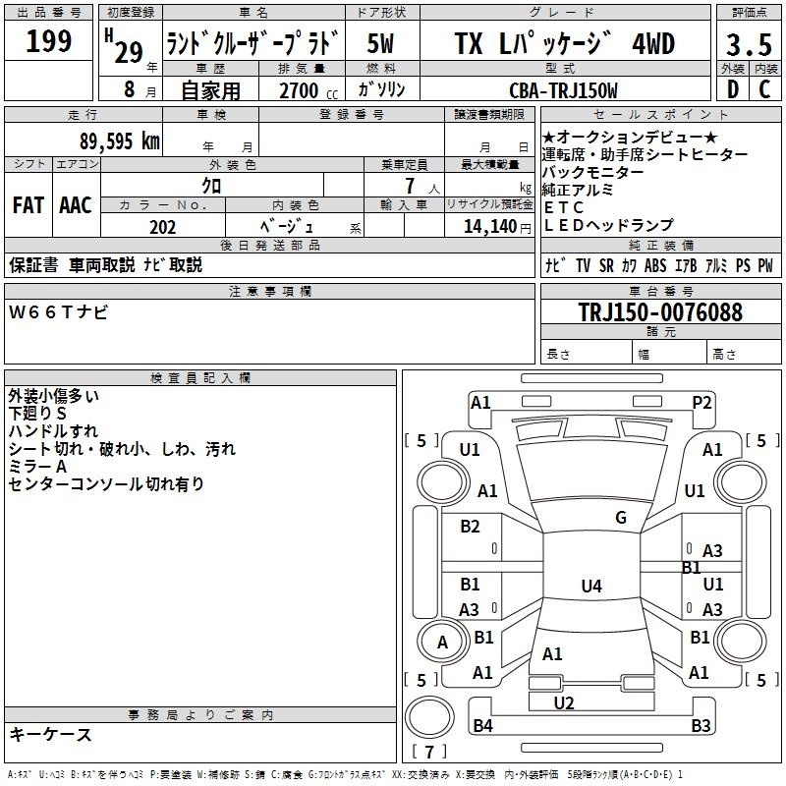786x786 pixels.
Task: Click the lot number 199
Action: pos(48,40)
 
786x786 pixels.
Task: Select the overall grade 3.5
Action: pos(749,45)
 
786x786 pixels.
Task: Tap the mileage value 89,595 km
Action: pos(120,141)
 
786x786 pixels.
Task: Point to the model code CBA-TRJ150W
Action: pos(563,90)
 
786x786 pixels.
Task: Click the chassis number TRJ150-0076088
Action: pos(660,311)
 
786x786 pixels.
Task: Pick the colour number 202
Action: pos(163,227)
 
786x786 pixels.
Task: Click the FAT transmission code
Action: pos(28,205)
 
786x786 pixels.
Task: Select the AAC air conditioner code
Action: pos(76,205)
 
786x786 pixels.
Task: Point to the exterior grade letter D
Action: pos(733,89)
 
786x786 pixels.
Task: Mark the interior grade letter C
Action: pos(764,89)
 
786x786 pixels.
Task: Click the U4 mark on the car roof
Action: pos(591,586)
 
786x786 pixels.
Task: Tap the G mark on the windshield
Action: pos(621,518)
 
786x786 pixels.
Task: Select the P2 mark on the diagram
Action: pos(702,403)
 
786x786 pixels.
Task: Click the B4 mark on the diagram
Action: pos(482,725)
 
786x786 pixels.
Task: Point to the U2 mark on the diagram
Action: pos(564,703)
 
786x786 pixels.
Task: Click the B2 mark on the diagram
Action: pos(470,526)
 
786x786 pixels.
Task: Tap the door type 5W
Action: pos(381,43)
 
